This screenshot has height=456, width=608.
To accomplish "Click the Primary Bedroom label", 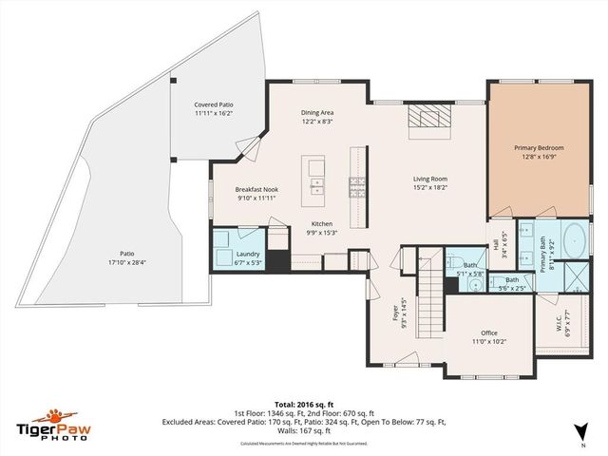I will [x=539, y=148].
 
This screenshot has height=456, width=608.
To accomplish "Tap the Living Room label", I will [x=429, y=179].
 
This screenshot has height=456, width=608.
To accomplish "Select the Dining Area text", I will [x=317, y=112].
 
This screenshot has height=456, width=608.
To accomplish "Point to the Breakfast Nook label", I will [x=256, y=189].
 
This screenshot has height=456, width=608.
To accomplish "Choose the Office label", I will [x=489, y=332].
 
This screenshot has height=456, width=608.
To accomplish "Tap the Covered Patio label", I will [x=214, y=104].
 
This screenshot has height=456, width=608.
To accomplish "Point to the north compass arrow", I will [x=581, y=436].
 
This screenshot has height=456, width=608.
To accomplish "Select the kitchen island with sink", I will [x=314, y=179].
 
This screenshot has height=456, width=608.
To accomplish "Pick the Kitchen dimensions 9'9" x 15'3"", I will [x=322, y=233].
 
